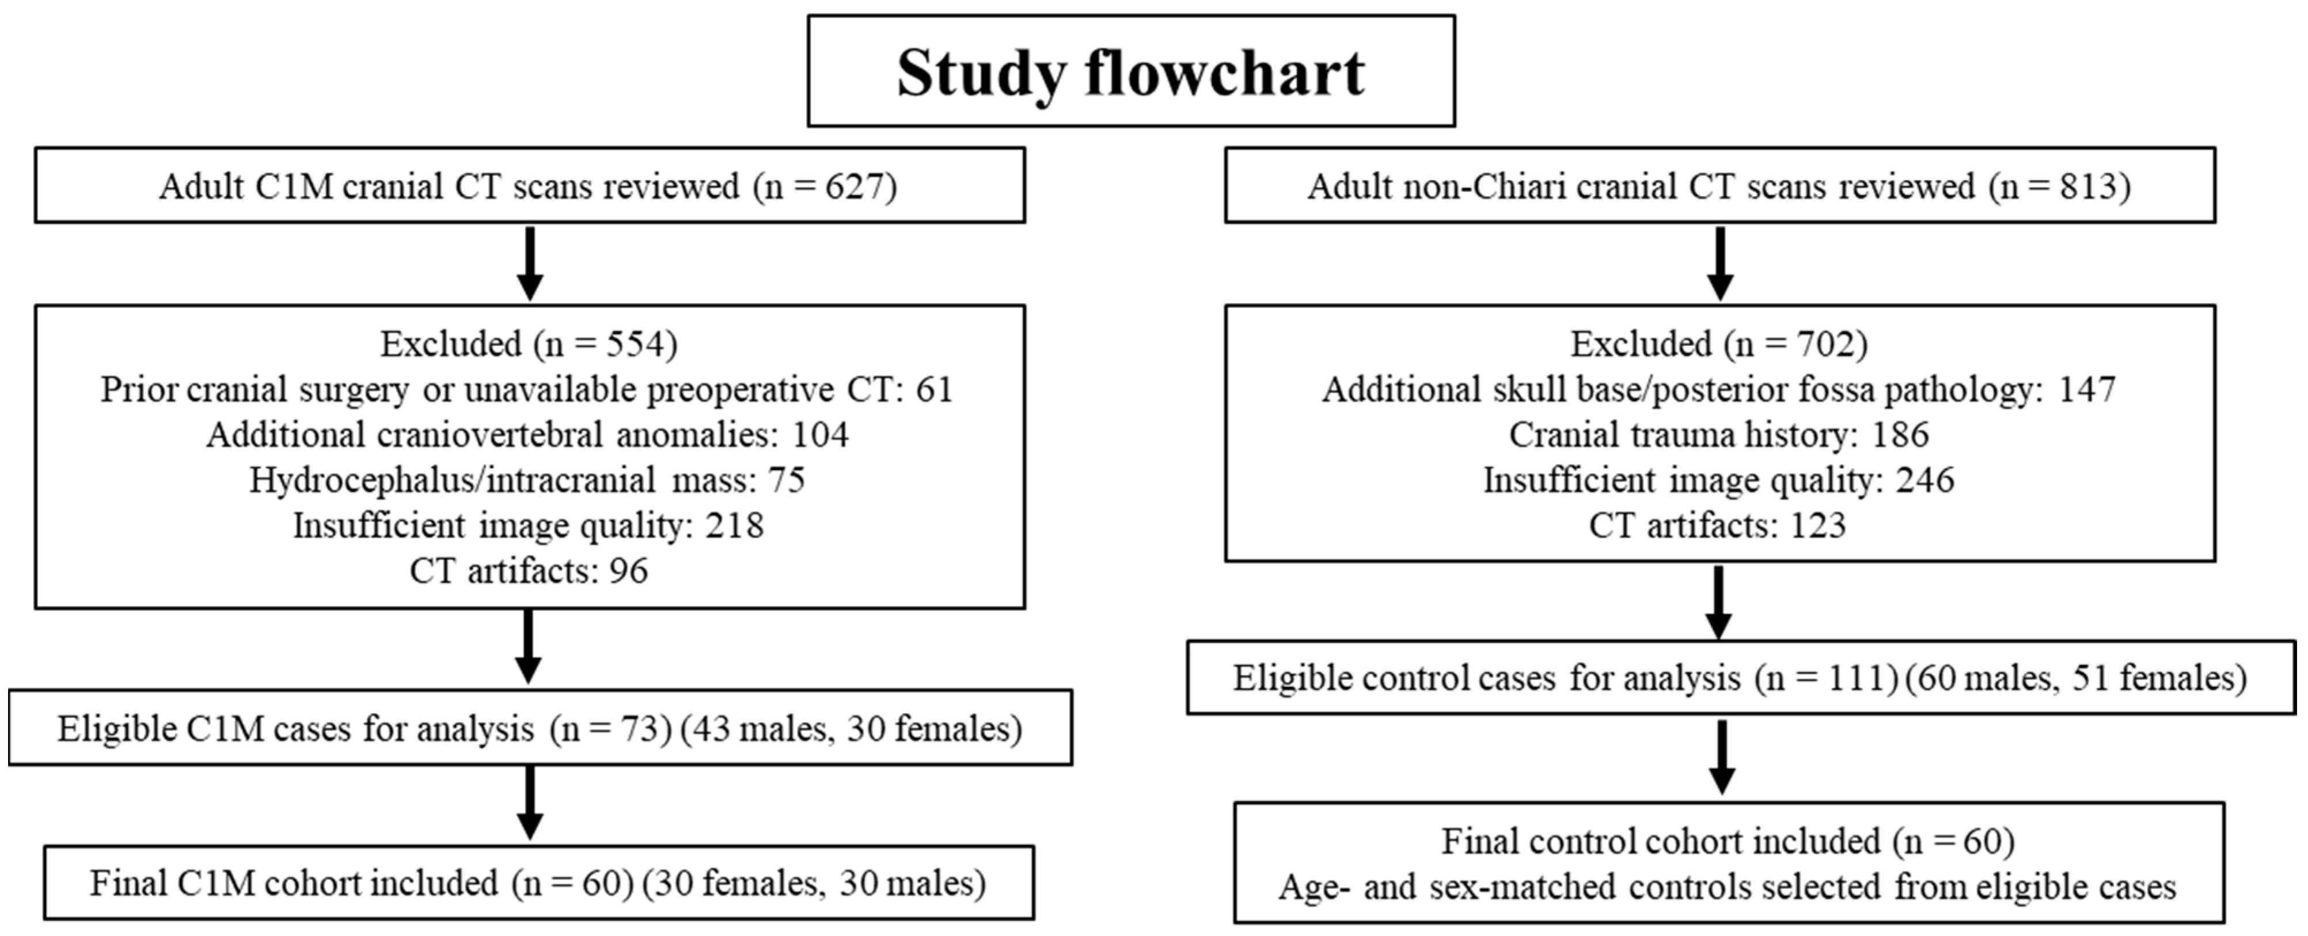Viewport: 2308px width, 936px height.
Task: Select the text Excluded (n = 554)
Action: point(529,344)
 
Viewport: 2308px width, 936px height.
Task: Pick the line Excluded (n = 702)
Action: point(1718,344)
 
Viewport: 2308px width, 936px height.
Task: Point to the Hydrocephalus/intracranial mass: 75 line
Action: point(527,480)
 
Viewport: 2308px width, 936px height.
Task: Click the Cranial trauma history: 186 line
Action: point(1718,435)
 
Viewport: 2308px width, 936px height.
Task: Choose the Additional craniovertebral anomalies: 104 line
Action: point(527,435)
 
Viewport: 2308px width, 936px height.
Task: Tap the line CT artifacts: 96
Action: point(529,570)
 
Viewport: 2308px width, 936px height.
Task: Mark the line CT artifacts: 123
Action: point(1718,525)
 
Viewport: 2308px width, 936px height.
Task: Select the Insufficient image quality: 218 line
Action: point(529,526)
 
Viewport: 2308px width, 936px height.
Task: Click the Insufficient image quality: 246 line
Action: point(1718,480)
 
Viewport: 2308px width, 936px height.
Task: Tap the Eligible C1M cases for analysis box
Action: point(540,727)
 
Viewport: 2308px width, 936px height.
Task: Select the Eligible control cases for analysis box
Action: point(1741,677)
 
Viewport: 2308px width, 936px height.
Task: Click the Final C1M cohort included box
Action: point(538,882)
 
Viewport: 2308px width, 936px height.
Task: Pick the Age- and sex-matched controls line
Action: point(1726,886)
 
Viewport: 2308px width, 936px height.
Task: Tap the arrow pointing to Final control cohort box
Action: point(1721,757)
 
